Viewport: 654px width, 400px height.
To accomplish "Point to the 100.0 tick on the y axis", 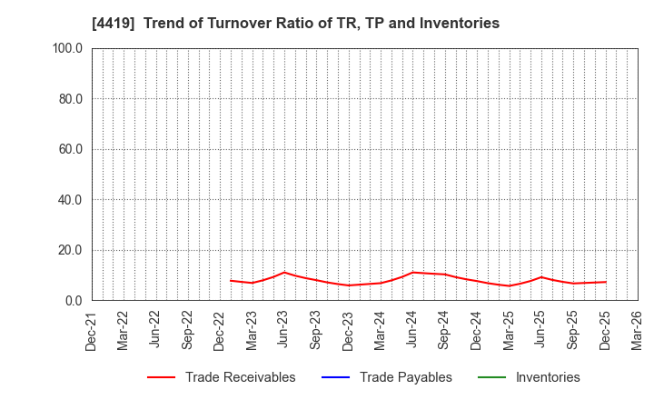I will (67, 48).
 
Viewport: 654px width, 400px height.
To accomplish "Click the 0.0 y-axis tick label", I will (74, 301).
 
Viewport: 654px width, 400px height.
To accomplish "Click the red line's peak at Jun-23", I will (284, 273).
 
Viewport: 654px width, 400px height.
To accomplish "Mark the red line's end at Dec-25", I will (605, 282).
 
